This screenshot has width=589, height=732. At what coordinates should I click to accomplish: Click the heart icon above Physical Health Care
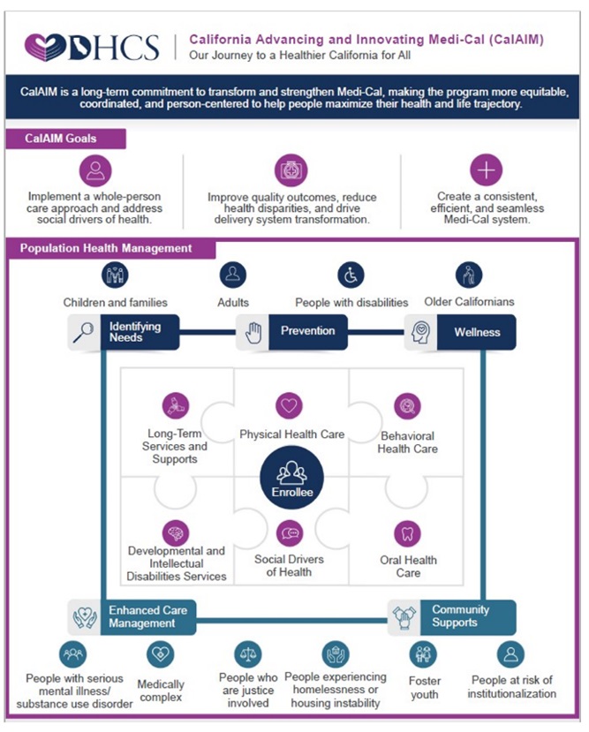point(289,406)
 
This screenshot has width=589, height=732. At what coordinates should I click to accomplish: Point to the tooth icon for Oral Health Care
point(407,533)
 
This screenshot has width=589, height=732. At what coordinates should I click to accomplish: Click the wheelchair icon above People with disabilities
point(351,275)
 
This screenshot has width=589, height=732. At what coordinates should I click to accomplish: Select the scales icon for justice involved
point(248,654)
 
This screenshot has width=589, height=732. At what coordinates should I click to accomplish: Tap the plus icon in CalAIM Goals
point(486,170)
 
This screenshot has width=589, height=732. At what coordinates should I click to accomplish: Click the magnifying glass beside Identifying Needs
point(84,332)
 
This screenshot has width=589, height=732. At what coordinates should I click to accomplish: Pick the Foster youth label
point(425,687)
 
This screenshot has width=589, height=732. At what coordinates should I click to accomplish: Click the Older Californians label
point(468,302)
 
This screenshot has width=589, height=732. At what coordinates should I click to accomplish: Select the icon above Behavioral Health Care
point(407,406)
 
